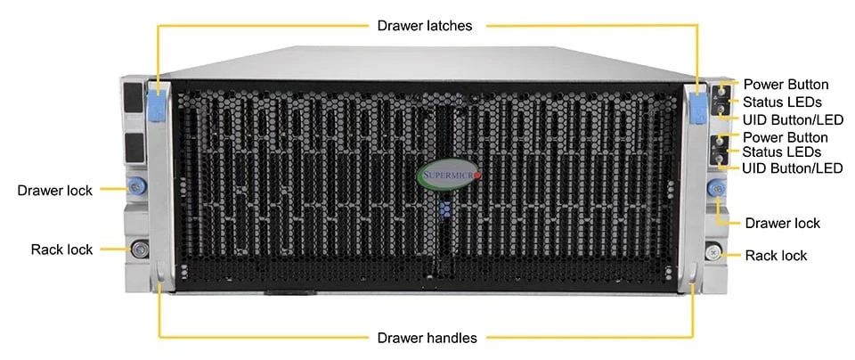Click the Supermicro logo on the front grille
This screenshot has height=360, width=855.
(x=449, y=176)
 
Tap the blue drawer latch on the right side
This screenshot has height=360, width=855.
(x=696, y=107)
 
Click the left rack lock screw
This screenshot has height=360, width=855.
(x=139, y=250)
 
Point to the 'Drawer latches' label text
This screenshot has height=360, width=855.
(x=425, y=26)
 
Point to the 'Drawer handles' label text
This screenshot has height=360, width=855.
(x=427, y=338)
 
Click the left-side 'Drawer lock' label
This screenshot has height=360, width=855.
(x=55, y=191)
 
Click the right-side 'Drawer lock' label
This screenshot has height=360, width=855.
(x=783, y=223)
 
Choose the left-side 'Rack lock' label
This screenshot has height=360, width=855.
(x=61, y=250)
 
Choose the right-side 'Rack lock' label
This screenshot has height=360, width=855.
(x=776, y=255)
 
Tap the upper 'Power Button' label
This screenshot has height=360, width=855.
(x=786, y=85)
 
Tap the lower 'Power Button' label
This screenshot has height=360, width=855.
(x=786, y=136)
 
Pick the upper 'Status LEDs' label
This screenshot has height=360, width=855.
(x=783, y=102)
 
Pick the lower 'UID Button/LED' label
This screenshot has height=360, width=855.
(x=793, y=168)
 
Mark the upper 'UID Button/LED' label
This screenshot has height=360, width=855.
(x=794, y=119)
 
